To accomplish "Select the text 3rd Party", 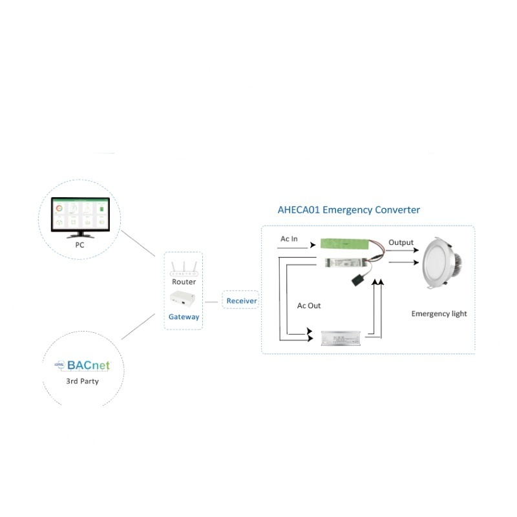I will [82, 381].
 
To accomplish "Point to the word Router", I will [184, 282].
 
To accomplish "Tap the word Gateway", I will [184, 317].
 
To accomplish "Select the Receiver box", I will [242, 301].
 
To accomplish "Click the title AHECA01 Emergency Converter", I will [348, 210].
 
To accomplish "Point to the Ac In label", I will [289, 239].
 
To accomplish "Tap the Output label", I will [401, 242].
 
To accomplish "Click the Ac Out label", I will [309, 305].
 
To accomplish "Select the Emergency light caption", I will [439, 313].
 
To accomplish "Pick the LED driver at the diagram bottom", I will [343, 337].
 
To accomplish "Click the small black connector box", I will [358, 280].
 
